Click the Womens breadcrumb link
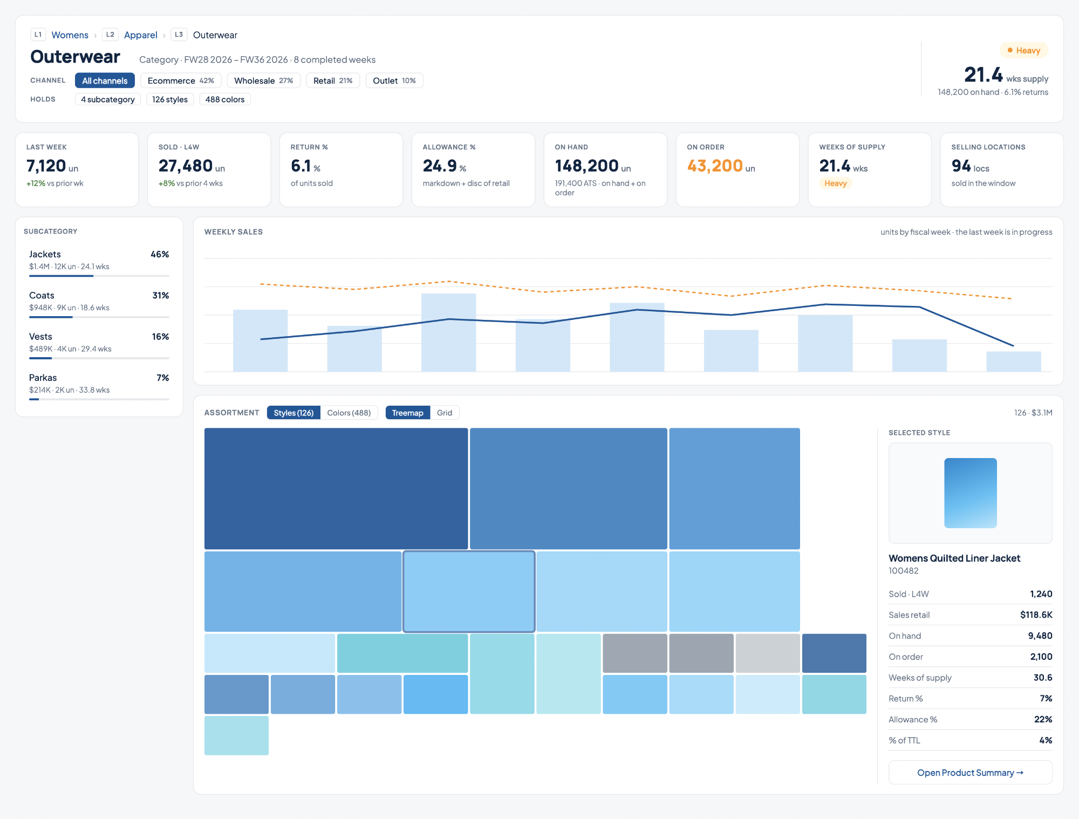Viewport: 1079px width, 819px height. pyautogui.click(x=70, y=35)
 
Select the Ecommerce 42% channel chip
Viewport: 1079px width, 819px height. pyautogui.click(x=181, y=80)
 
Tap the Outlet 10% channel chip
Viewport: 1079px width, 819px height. pyautogui.click(x=394, y=80)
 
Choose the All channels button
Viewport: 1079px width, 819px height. pyautogui.click(x=105, y=80)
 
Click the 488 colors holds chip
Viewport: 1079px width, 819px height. pyautogui.click(x=225, y=99)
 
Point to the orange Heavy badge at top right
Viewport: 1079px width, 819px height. pyautogui.click(x=1024, y=50)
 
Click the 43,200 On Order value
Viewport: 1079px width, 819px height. pyautogui.click(x=715, y=166)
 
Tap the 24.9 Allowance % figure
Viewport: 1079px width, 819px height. pyautogui.click(x=440, y=166)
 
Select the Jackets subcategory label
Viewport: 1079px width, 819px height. pyautogui.click(x=45, y=254)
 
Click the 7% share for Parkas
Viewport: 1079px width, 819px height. pyautogui.click(x=163, y=378)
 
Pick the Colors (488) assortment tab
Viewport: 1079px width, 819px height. pyautogui.click(x=349, y=413)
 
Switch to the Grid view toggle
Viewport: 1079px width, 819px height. pyautogui.click(x=445, y=413)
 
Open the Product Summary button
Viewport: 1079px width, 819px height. pyautogui.click(x=970, y=773)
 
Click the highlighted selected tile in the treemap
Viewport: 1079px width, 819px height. pyautogui.click(x=469, y=591)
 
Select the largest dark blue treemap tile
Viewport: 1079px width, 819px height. pyautogui.click(x=336, y=488)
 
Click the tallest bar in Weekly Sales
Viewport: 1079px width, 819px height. pyautogui.click(x=448, y=332)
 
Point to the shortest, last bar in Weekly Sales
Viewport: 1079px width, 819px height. pyautogui.click(x=1013, y=361)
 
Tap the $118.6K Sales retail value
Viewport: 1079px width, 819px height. pyautogui.click(x=1036, y=615)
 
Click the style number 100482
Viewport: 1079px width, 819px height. pyautogui.click(x=904, y=571)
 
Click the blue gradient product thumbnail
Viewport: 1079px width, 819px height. pyautogui.click(x=970, y=493)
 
